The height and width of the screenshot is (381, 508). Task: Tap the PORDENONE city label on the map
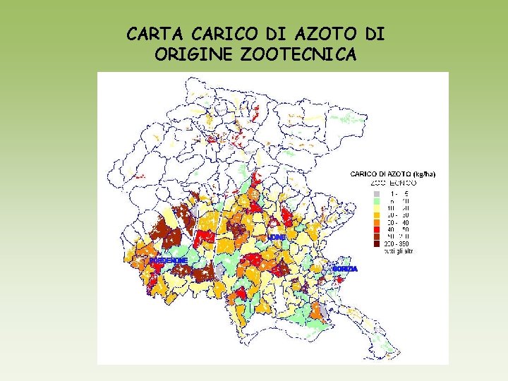pos(169,260)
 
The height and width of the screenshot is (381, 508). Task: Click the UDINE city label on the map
pos(277,238)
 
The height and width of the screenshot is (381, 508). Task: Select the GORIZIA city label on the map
pos(345,269)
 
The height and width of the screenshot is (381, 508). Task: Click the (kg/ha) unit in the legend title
pos(424,174)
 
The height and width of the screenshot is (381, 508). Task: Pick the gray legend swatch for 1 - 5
pos(376,193)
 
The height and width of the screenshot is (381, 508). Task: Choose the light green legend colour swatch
pos(376,201)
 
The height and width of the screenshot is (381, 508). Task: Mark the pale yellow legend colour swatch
pos(376,208)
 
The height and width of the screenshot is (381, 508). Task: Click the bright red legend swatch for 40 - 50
pos(376,229)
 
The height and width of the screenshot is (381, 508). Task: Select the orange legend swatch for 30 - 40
pos(376,222)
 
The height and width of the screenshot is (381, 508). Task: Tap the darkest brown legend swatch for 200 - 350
pos(376,243)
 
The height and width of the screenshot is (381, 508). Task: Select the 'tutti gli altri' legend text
pos(399,250)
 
